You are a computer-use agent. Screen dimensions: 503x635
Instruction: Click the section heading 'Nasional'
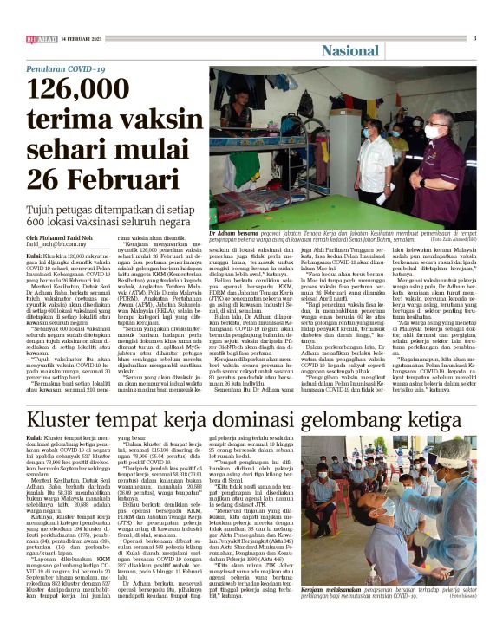[350, 51]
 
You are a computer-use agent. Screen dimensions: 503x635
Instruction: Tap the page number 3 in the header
[474, 38]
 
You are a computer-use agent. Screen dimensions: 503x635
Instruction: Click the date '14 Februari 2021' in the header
[82, 39]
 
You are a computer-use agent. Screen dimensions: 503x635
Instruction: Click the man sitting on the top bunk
[269, 96]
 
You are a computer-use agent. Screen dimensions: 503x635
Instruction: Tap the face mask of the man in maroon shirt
[433, 133]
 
